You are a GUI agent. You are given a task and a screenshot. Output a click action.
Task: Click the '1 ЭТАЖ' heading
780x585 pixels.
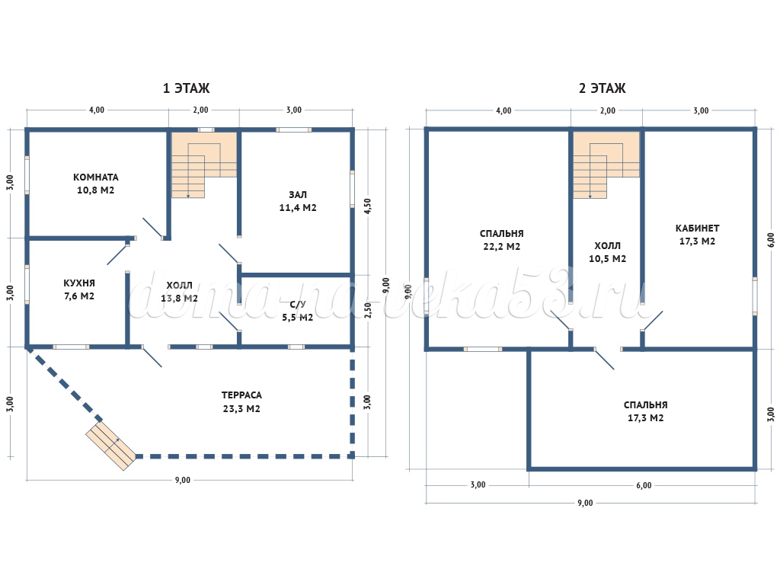(187, 88)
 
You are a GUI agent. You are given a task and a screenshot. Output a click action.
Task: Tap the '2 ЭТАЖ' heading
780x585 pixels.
(603, 88)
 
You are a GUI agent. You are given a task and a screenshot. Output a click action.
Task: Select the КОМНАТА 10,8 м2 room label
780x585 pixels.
(95, 184)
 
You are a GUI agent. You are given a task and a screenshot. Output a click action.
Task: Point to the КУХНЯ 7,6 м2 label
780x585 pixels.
(79, 289)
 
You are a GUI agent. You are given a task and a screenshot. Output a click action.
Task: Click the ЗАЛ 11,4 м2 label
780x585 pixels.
(298, 201)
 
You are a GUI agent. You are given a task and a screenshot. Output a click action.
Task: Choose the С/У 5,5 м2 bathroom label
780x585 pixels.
(298, 311)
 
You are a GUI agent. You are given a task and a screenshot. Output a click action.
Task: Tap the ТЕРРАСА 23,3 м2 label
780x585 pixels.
(241, 402)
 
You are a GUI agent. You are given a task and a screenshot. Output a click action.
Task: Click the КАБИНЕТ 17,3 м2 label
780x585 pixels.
(698, 235)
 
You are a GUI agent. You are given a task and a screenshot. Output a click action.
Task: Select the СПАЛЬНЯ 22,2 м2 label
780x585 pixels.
(501, 240)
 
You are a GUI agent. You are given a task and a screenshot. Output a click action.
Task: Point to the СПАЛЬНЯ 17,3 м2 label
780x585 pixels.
(646, 411)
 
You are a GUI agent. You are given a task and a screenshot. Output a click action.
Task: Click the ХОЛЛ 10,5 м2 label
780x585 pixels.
(607, 252)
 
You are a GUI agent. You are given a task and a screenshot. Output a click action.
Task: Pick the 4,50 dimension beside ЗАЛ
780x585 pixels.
(368, 206)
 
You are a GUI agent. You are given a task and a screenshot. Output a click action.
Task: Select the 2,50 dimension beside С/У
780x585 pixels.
(368, 311)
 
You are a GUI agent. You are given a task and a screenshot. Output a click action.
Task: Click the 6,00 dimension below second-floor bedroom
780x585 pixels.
(644, 485)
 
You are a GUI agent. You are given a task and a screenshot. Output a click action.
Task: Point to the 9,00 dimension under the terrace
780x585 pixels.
(183, 480)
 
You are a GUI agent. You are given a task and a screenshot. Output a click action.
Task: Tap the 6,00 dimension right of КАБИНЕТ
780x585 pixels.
(771, 240)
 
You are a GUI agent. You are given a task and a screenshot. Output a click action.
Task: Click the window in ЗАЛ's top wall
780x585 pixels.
(294, 129)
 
